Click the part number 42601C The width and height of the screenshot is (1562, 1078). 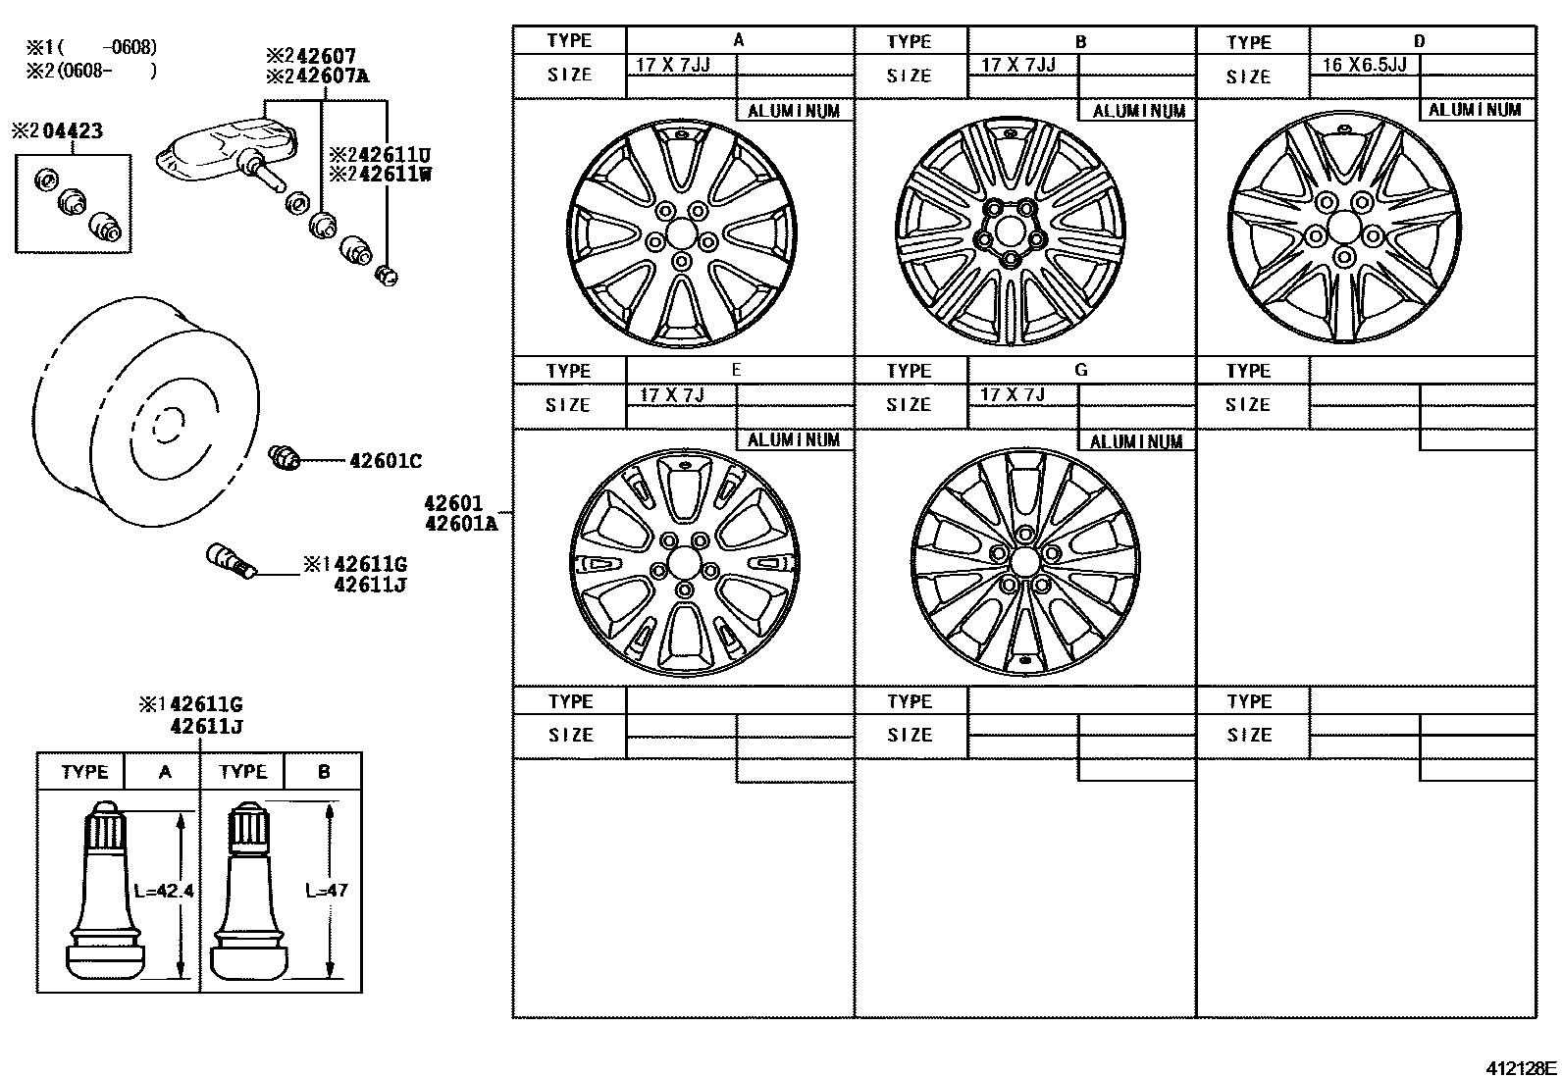coord(386,460)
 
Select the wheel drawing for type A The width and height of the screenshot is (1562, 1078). coord(682,233)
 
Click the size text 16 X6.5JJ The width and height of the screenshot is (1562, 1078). coord(1364,65)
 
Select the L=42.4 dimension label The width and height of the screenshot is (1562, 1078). coord(163,891)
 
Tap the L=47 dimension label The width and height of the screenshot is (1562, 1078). coord(326,891)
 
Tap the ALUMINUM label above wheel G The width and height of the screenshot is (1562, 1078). coord(1136,441)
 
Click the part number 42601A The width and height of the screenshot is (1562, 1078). coord(460,524)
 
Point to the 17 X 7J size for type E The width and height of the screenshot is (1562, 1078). coord(672,394)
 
